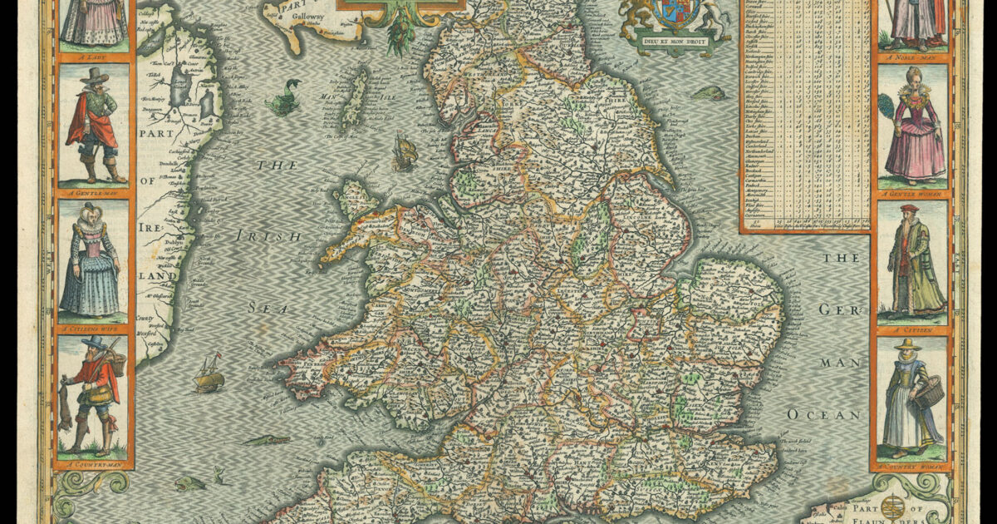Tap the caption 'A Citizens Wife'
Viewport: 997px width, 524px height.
(95, 328)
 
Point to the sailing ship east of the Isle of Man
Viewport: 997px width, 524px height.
(405, 153)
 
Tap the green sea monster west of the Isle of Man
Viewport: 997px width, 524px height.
(283, 97)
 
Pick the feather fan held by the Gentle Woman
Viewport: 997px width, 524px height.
(886, 106)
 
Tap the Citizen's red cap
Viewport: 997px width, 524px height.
(909, 208)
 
